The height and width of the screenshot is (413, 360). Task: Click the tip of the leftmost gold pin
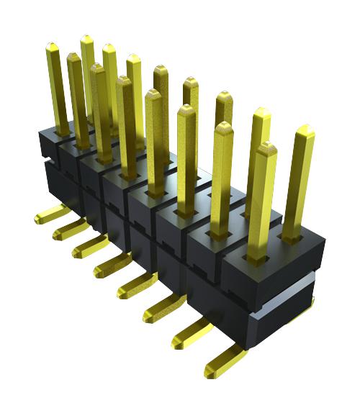click(53, 47)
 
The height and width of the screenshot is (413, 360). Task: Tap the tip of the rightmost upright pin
click(305, 130)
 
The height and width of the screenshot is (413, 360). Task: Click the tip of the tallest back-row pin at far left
click(86, 38)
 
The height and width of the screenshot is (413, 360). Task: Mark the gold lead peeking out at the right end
click(307, 306)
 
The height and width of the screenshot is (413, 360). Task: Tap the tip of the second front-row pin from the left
click(98, 68)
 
